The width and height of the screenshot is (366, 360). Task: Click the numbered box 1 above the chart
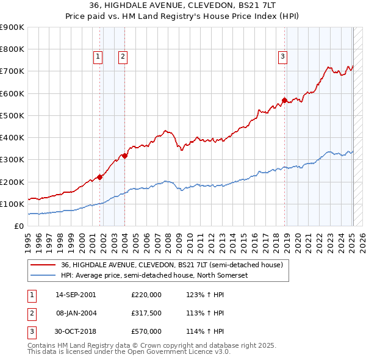(98, 57)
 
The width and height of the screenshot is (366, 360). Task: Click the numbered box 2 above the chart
(123, 57)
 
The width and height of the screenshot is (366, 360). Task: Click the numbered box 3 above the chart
(283, 57)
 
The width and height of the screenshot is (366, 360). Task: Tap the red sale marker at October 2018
(284, 100)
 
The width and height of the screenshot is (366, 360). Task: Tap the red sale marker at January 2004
(124, 156)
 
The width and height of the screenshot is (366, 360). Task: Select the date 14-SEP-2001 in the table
(76, 294)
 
